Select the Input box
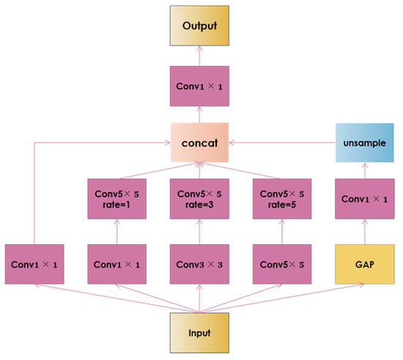point(199,333)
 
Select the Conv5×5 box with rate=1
point(118,199)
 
